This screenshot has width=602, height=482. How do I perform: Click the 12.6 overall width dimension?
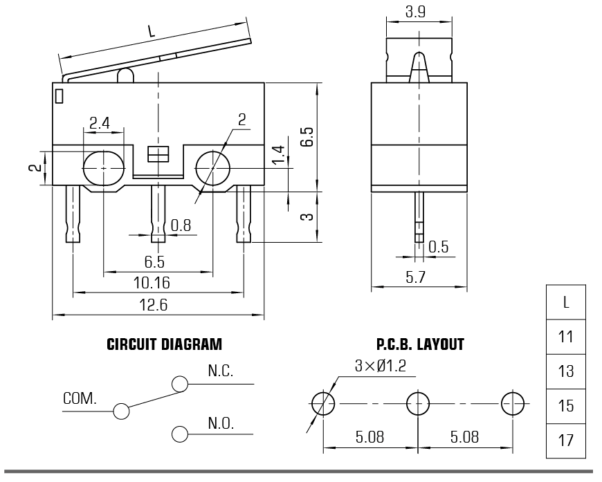tap(153, 305)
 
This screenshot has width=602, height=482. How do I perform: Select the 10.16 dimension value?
tap(152, 283)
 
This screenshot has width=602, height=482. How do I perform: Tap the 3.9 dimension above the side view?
tap(415, 12)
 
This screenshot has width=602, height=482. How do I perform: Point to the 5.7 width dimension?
tap(415, 277)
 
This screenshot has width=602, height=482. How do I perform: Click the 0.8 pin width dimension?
tap(181, 225)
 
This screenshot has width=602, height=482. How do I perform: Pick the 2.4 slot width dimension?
tap(100, 123)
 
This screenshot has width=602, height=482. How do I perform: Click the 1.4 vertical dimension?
tap(279, 154)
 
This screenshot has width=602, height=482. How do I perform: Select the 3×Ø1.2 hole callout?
tap(380, 366)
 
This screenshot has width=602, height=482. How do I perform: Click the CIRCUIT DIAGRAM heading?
tap(164, 344)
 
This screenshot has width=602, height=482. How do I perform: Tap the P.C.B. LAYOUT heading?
tap(420, 344)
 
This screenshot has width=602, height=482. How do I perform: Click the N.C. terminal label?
tap(220, 371)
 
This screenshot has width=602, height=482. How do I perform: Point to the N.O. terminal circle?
tap(180, 434)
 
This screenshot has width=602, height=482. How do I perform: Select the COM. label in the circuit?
tap(80, 399)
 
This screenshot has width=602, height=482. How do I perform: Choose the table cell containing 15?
tap(566, 406)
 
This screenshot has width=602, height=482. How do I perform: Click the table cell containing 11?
tap(566, 337)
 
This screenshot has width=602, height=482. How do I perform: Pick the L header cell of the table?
tap(566, 302)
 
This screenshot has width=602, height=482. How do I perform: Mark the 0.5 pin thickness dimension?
tap(438, 247)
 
